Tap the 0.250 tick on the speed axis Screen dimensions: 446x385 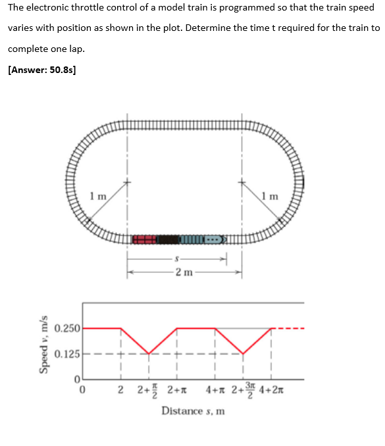click(x=67, y=328)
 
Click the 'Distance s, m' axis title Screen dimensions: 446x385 click(x=193, y=411)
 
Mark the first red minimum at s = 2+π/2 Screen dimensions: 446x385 click(x=149, y=354)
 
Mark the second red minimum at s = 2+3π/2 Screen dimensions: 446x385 click(x=243, y=354)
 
